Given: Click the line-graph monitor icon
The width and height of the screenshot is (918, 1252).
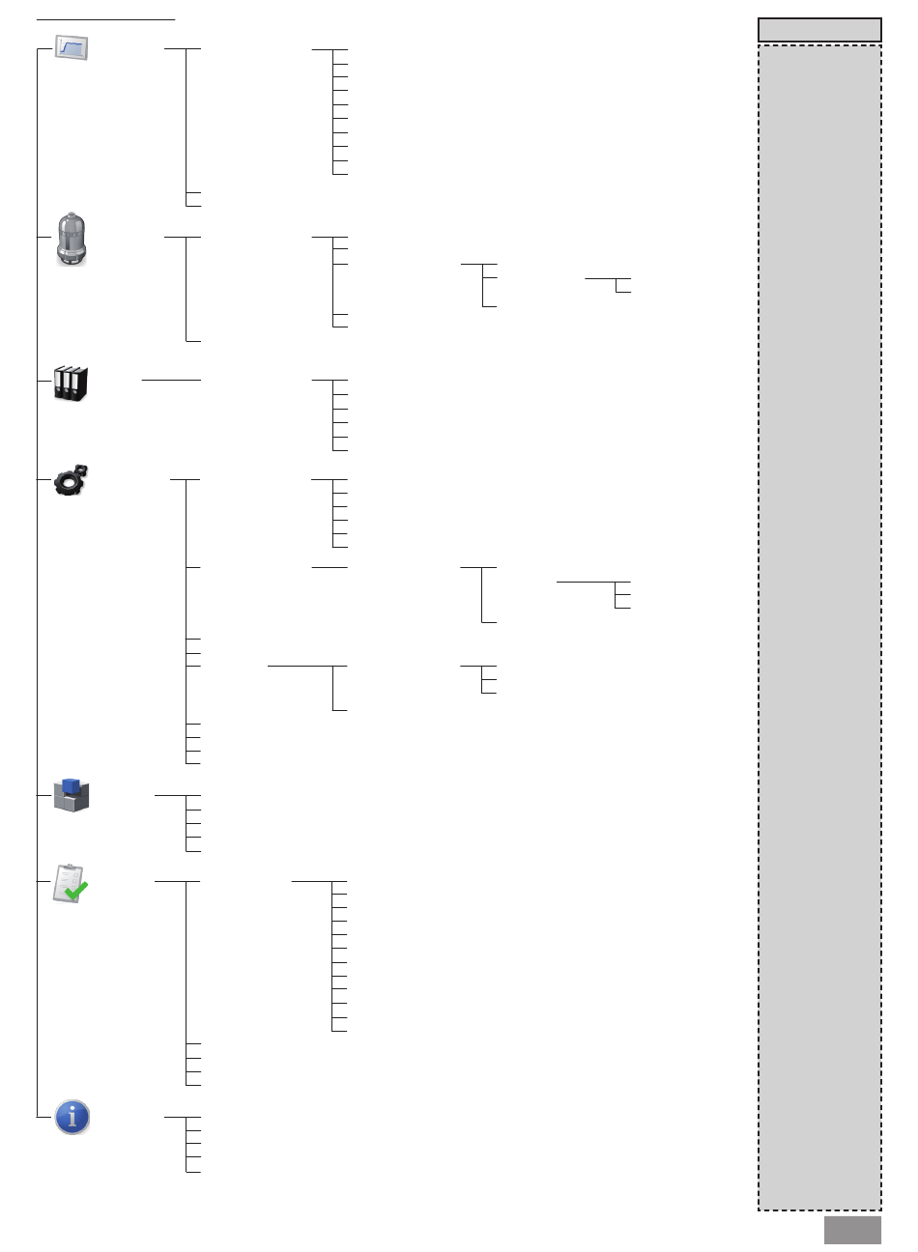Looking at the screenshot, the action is pyautogui.click(x=71, y=46).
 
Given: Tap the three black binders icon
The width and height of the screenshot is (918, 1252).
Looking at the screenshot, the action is pyautogui.click(x=71, y=383).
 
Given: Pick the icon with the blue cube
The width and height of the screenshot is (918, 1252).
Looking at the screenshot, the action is pyautogui.click(x=71, y=794).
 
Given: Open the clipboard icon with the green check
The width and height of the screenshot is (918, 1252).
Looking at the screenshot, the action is pyautogui.click(x=70, y=883).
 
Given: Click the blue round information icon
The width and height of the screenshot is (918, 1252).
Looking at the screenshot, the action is pyautogui.click(x=72, y=1117).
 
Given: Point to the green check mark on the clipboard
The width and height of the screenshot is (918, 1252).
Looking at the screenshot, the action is pyautogui.click(x=76, y=891).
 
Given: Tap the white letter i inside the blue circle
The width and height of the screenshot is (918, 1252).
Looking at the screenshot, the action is pyautogui.click(x=72, y=1117).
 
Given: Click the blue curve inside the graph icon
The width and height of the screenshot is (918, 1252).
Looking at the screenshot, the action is pyautogui.click(x=71, y=45).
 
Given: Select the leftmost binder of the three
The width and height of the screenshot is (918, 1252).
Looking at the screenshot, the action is pyautogui.click(x=60, y=384).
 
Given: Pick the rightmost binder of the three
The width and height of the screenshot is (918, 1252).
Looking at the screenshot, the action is pyautogui.click(x=81, y=383).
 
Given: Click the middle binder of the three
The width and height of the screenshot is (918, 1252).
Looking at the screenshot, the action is pyautogui.click(x=71, y=383).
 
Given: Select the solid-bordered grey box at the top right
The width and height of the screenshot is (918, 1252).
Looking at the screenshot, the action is pyautogui.click(x=819, y=30).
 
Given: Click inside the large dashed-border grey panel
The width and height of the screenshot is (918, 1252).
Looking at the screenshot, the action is pyautogui.click(x=819, y=628).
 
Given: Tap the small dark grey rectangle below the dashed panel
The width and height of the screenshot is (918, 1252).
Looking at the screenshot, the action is pyautogui.click(x=852, y=1230).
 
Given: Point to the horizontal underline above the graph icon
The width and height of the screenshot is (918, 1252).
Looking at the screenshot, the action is pyautogui.click(x=105, y=18).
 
